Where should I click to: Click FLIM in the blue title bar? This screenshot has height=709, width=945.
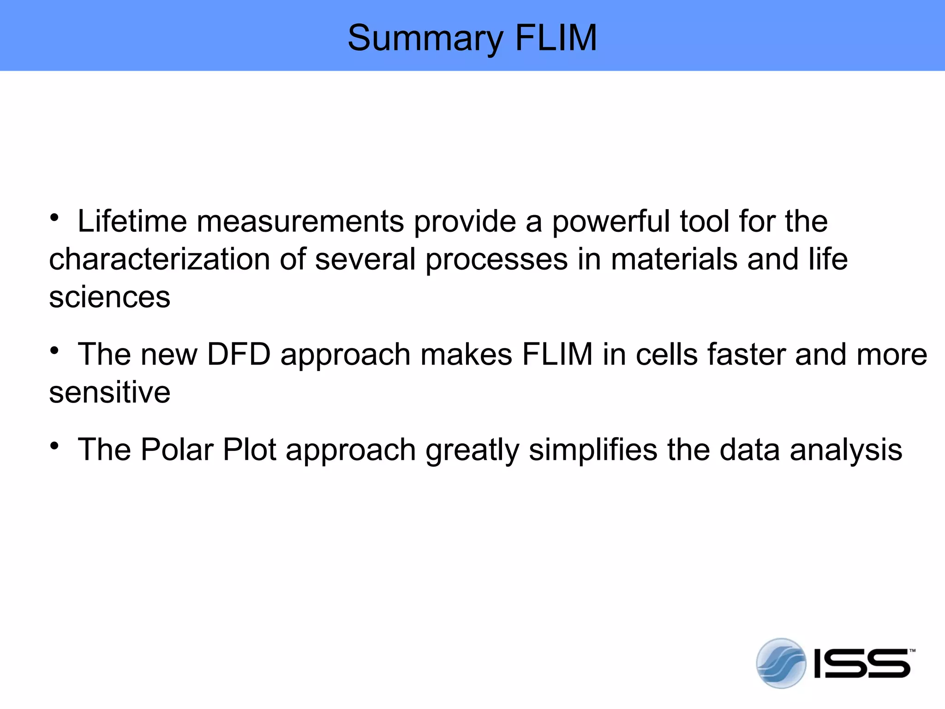point(556,38)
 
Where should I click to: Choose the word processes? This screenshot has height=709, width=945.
point(496,260)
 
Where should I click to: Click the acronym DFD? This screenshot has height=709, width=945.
point(239,354)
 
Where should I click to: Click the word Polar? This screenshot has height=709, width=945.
point(177,450)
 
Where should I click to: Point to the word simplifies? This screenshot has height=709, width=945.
point(592,451)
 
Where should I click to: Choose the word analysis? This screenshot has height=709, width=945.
point(846,451)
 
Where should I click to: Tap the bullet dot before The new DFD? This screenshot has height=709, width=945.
point(55,351)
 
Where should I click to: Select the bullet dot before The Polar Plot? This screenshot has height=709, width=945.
point(55,446)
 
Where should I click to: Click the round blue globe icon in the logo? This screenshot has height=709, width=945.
point(781,663)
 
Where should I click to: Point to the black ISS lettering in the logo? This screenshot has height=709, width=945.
point(862,664)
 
